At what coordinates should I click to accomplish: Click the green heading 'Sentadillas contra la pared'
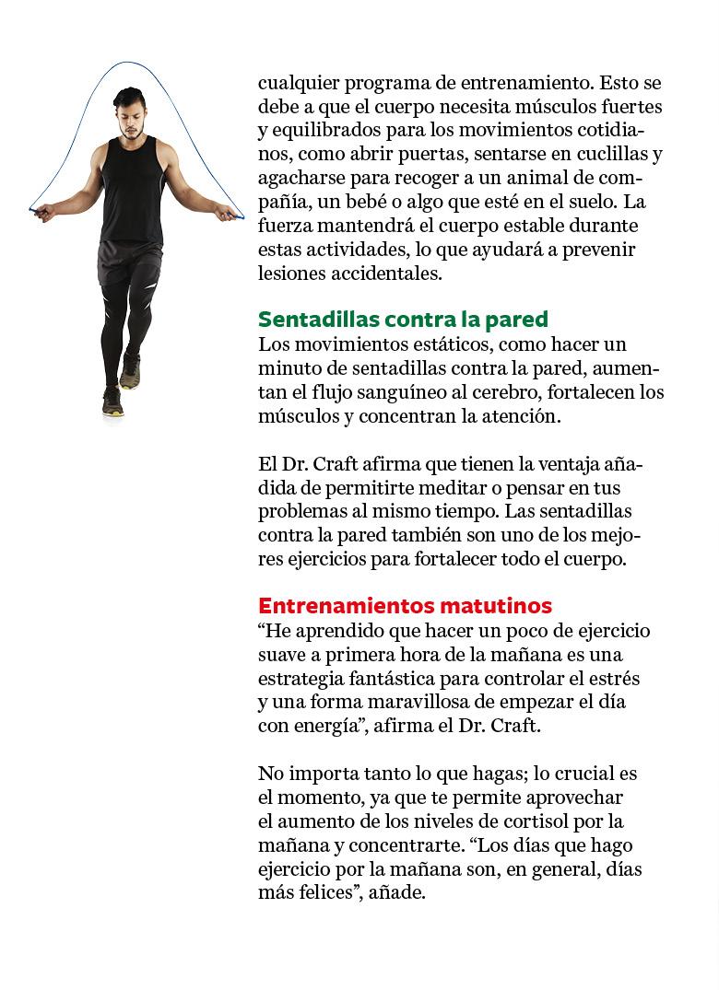[x=403, y=320]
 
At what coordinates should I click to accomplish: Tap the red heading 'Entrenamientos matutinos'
[x=405, y=606]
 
